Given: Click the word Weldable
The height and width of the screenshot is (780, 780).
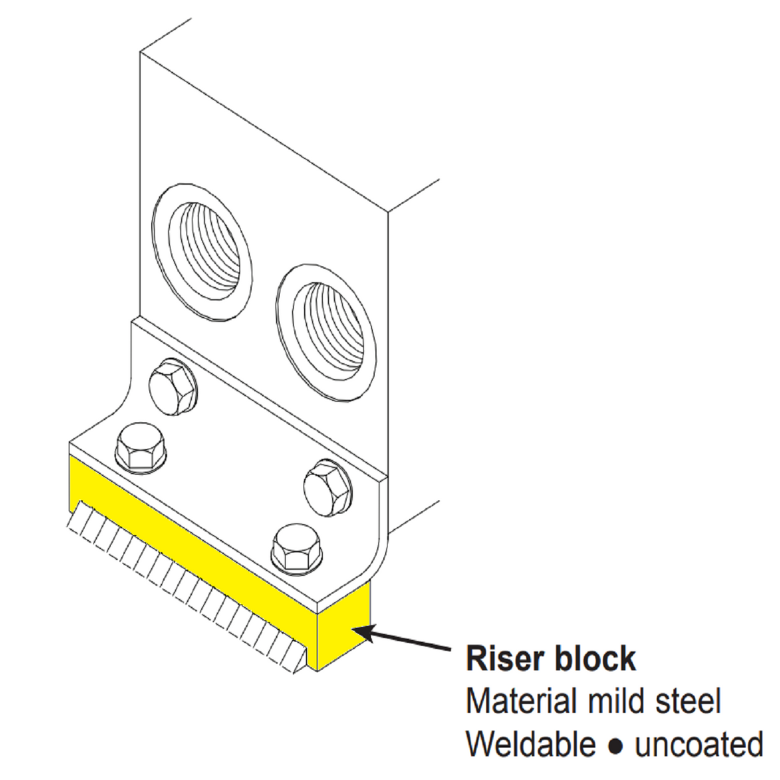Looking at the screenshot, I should pos(530,744).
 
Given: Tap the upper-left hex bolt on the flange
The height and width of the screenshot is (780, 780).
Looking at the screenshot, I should pos(172,387).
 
